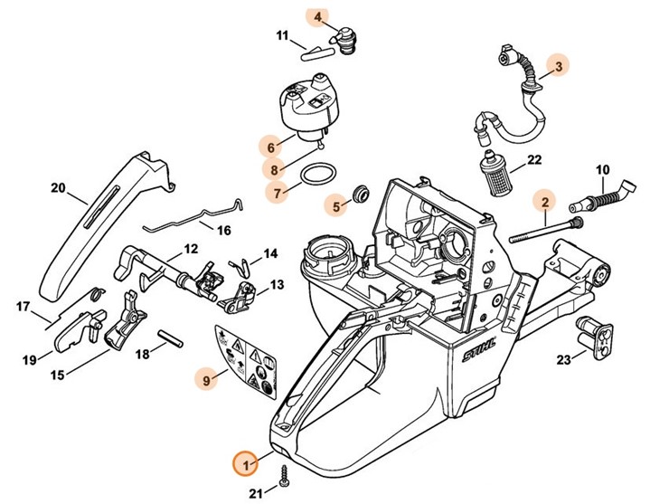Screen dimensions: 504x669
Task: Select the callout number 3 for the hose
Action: (559, 65)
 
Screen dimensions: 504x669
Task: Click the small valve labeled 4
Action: (347, 38)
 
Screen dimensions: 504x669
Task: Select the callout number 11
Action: (281, 36)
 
